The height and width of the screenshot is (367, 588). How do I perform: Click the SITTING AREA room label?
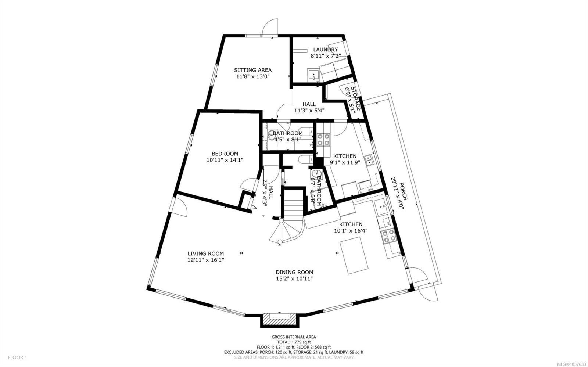click(x=252, y=70)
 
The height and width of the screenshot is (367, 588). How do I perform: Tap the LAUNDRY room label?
click(x=325, y=50)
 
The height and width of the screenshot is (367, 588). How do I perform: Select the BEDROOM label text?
click(x=225, y=154)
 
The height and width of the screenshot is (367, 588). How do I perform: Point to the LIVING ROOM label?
click(x=205, y=253)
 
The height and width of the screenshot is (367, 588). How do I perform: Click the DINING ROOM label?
click(x=294, y=272)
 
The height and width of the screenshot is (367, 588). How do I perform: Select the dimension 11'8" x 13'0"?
click(x=253, y=77)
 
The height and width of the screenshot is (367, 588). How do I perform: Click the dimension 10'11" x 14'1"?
click(x=225, y=160)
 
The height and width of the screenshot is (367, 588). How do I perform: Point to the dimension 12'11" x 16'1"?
click(x=205, y=260)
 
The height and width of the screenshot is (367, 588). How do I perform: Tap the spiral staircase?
click(x=287, y=231)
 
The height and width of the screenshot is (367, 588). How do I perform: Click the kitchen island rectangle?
click(x=354, y=255)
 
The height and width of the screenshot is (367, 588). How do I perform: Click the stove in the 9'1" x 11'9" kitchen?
click(x=323, y=140)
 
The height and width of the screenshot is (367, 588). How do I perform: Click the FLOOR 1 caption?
click(x=17, y=357)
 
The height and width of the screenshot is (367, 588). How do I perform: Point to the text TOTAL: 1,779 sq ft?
click(x=294, y=342)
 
